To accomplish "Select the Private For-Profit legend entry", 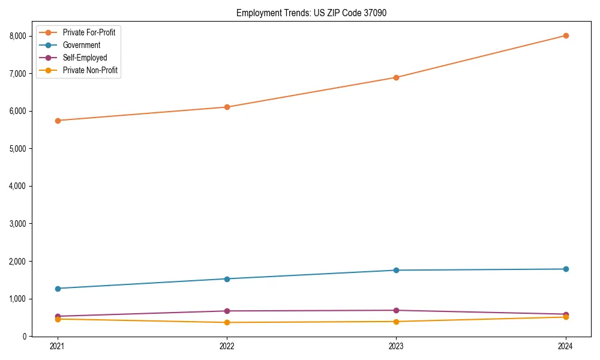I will pos(89,32).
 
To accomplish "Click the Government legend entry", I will pos(81,45).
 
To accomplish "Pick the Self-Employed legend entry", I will pos(85,58).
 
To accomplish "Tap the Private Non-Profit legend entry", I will pos(90,70).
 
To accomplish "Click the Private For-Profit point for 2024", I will pos(565,35).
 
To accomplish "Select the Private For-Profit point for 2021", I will pos(58,121).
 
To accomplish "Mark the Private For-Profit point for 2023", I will pos(396,77).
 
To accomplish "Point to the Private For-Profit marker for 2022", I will pos(227,107).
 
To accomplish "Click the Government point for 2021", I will pos(58,289).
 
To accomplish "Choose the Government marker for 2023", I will pos(396,270).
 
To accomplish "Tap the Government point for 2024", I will pos(565,269).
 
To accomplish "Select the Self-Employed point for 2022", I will pos(227,311).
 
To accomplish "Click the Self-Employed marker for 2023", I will pos(396,310).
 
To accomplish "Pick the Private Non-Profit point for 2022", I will pos(227,322).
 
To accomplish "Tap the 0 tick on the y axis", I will pos(25,337).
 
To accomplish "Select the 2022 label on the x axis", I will pos(227,346).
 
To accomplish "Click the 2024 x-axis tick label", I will pos(565,346).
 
